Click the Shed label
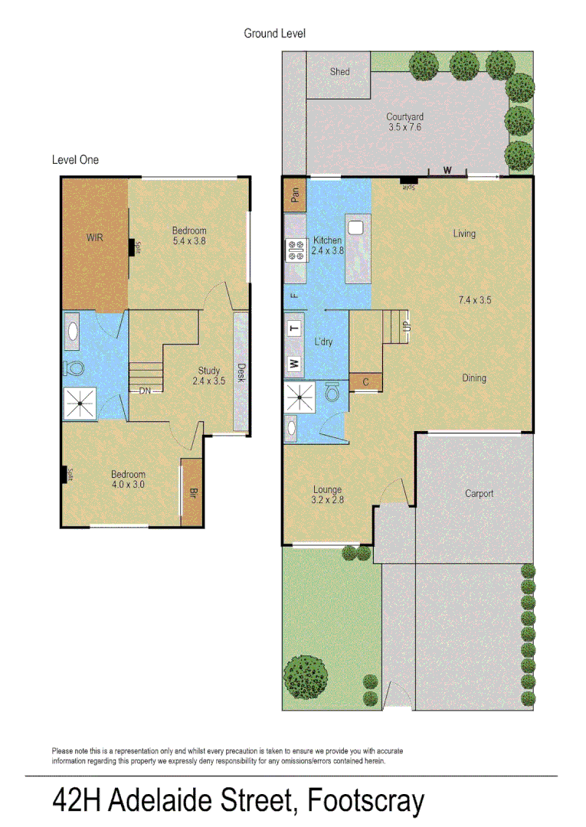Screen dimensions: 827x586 point(339,72)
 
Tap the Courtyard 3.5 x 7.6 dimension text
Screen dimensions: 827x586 point(404,128)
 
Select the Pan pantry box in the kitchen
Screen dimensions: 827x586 point(295,196)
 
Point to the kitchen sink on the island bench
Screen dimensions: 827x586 point(355,227)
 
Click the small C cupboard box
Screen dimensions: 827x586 point(365,382)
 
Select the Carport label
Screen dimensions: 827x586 point(480,494)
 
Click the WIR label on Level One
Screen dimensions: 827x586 point(94,238)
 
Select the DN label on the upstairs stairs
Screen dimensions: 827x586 point(145,391)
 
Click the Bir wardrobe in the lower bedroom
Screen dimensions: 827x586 point(192,492)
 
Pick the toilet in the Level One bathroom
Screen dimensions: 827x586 point(75,368)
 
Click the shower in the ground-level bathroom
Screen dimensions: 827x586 point(300,397)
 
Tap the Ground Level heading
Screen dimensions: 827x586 point(275,34)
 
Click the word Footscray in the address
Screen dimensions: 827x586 point(365,801)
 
